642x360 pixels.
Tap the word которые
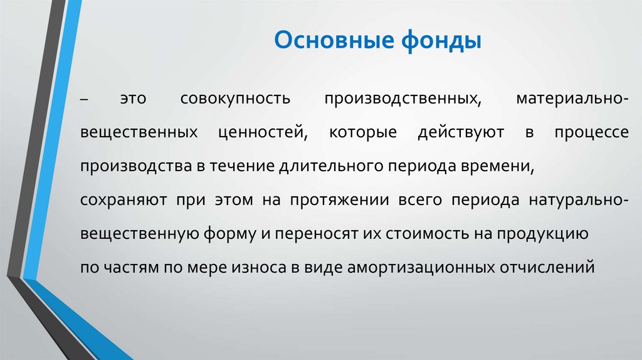click(347, 134)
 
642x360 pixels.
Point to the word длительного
click(332, 167)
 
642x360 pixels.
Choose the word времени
click(502, 167)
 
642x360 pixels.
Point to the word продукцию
click(542, 235)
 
